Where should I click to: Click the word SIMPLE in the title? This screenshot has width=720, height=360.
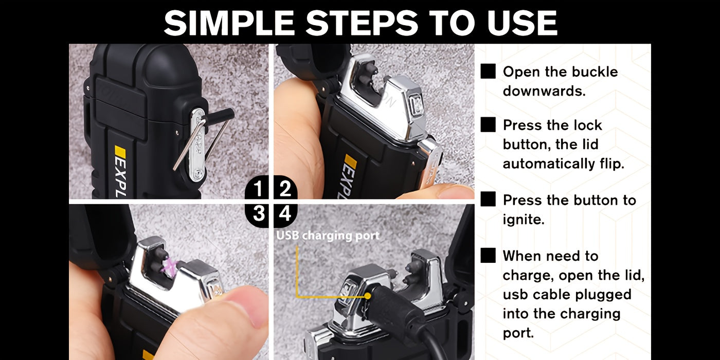[x=229, y=23]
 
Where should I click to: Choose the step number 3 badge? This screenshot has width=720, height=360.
[x=258, y=215]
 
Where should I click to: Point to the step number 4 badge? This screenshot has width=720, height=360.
[x=285, y=215]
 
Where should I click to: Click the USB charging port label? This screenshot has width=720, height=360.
[x=328, y=236]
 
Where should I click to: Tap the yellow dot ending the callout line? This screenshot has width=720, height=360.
[x=367, y=296]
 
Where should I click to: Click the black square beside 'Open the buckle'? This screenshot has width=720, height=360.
[x=488, y=71]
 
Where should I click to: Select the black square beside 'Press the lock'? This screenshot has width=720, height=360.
[x=488, y=124]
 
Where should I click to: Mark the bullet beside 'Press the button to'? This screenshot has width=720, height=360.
[x=488, y=199]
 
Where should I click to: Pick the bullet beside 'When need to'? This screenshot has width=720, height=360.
[x=488, y=255]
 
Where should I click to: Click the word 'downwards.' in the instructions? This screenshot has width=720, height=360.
[x=544, y=91]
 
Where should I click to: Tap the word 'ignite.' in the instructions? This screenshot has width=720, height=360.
[x=524, y=220]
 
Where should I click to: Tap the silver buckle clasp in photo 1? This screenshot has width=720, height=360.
[x=198, y=145]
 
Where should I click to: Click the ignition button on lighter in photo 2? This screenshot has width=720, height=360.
[x=417, y=105]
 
